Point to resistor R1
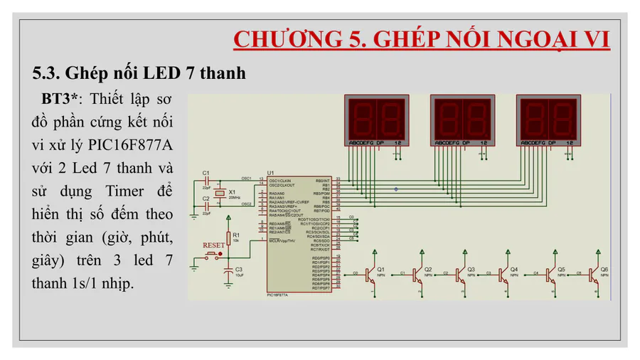coord(228,237)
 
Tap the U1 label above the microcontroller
coord(270,172)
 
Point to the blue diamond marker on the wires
coord(396,189)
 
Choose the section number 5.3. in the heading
coord(47,73)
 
